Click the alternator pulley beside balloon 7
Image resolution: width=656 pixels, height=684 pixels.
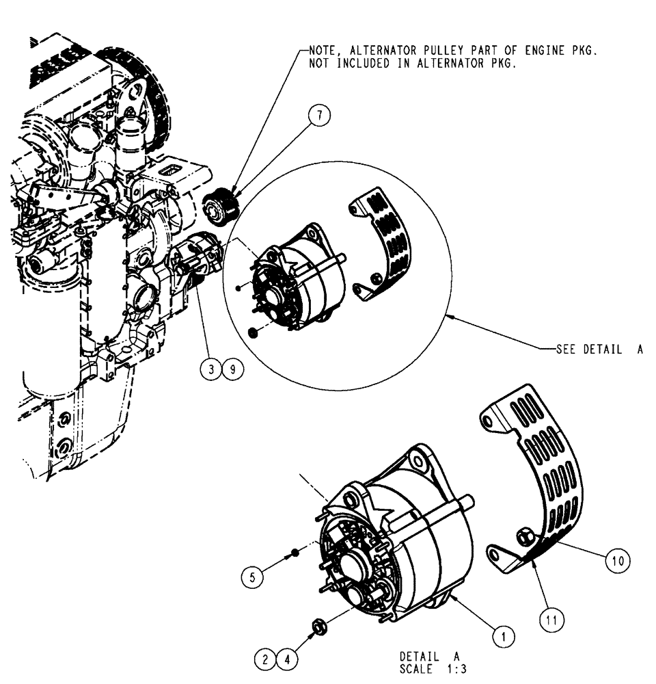click(x=221, y=205)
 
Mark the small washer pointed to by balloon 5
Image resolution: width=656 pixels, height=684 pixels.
click(x=293, y=552)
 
